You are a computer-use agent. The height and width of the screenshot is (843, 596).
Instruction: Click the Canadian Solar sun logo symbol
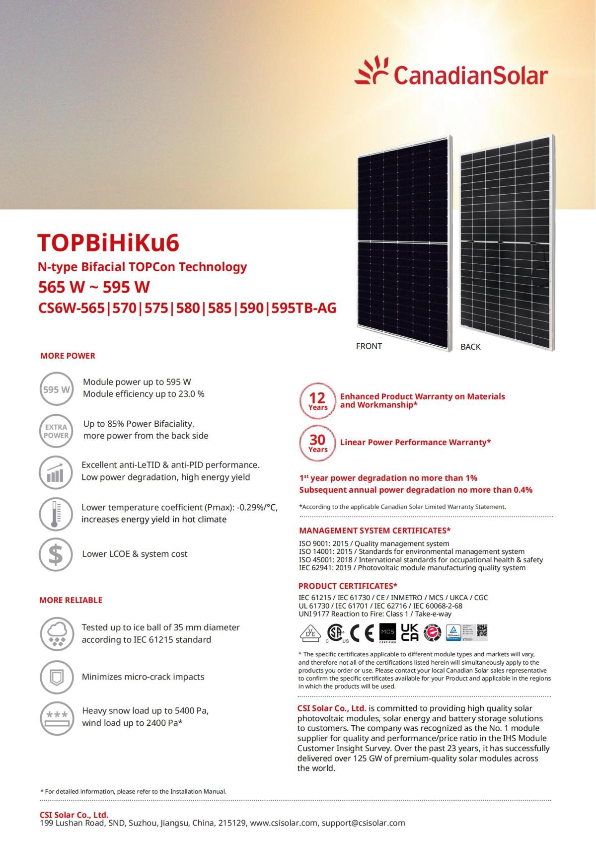[372, 72]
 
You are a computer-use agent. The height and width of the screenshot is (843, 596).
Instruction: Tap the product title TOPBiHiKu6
[108, 243]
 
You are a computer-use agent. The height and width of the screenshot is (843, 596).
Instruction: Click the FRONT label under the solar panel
[369, 346]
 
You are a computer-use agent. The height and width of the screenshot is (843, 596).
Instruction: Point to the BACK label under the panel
[470, 346]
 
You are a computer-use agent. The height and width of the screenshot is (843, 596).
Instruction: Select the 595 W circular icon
[56, 389]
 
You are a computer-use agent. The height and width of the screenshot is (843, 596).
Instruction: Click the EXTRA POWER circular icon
[56, 431]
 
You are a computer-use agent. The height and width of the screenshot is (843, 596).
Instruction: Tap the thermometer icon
[56, 514]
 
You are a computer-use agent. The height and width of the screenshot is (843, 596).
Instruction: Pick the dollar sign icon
[56, 554]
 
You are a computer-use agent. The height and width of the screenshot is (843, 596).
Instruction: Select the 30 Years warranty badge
[317, 443]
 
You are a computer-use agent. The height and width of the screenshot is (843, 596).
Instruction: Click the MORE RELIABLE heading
[71, 600]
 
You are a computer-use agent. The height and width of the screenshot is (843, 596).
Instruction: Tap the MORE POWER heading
[68, 356]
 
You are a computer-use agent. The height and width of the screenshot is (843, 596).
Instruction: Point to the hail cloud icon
[56, 634]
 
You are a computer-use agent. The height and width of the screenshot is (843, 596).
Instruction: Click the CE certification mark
[362, 632]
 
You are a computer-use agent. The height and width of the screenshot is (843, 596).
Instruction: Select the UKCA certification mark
[409, 632]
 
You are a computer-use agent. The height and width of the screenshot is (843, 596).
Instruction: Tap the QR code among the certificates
[482, 630]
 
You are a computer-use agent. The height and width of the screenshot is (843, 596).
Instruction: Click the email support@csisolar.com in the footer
[363, 823]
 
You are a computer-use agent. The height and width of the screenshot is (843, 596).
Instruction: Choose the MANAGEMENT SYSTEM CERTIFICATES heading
[375, 531]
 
